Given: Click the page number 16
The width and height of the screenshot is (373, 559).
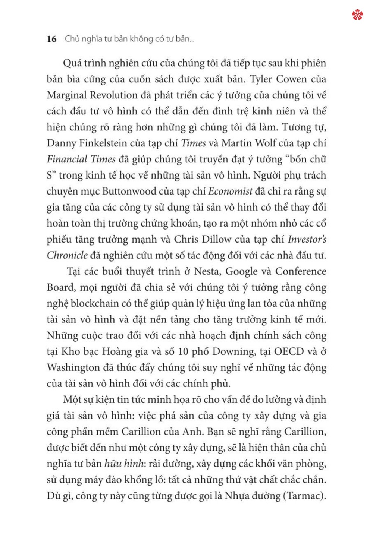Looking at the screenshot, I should (x=51, y=39).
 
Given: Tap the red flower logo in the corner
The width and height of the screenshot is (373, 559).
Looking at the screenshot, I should (x=357, y=15).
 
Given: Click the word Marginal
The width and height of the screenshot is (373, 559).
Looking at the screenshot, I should (x=66, y=95).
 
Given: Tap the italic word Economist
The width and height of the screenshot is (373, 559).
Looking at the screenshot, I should (x=230, y=192).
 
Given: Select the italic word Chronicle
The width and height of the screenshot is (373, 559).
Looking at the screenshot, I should (x=67, y=256).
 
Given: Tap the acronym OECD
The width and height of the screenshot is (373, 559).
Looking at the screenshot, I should (x=289, y=352).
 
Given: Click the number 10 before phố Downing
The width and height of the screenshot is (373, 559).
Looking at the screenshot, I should (x=183, y=352).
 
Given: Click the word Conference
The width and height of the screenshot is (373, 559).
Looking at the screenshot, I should (x=301, y=272).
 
